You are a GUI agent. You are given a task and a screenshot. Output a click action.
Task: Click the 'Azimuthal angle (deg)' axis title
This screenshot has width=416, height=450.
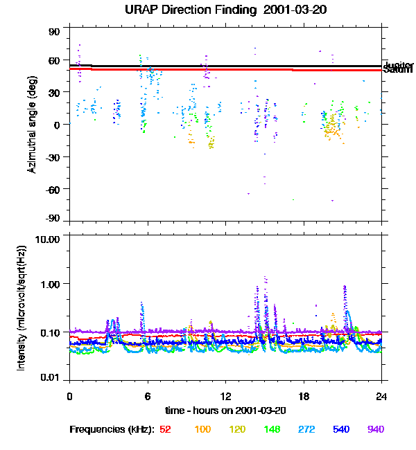click(32, 125)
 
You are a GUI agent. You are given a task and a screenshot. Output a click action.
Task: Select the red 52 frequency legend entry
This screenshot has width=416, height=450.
click(165, 430)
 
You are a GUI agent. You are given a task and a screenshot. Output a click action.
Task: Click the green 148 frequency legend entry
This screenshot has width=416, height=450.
click(271, 430)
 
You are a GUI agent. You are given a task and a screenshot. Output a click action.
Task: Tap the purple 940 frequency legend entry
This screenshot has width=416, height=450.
click(375, 430)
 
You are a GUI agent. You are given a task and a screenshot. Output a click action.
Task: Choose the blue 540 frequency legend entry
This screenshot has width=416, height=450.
click(340, 430)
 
